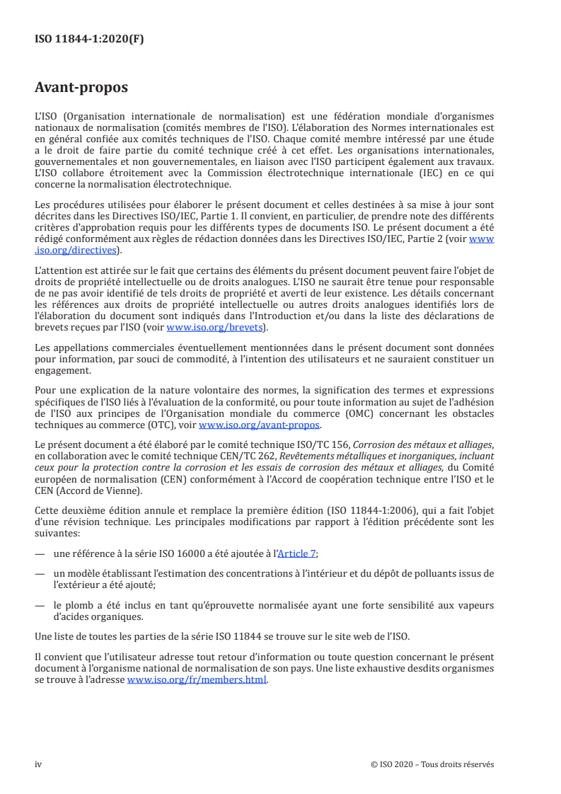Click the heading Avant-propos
[x=81, y=88]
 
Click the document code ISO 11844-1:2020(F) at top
[x=89, y=40]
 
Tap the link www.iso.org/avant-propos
[x=260, y=425]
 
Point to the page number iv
[x=39, y=764]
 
